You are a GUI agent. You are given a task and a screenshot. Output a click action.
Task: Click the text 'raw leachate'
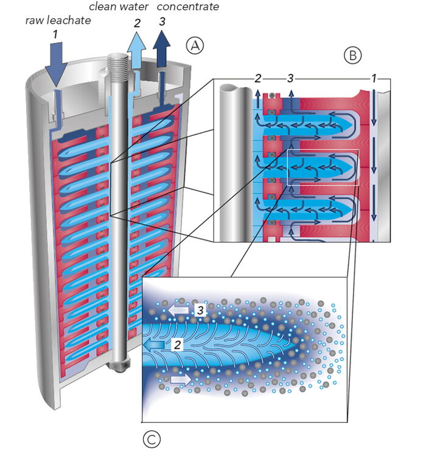[57, 20]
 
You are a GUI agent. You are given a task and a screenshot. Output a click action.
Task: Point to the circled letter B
[352, 56]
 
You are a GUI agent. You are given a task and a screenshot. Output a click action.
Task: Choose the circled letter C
[150, 437]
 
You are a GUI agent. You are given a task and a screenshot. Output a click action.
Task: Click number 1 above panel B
[374, 79]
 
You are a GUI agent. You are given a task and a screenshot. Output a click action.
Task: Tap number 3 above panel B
[290, 79]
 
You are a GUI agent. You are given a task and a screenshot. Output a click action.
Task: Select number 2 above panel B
[258, 79]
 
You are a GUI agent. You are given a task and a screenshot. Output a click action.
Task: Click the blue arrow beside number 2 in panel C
[156, 346]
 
